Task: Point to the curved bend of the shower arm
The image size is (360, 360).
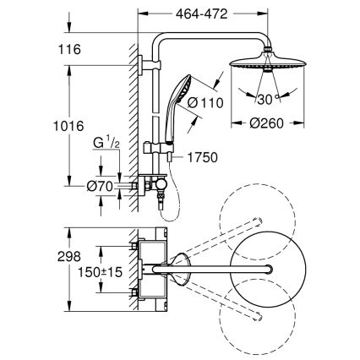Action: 161,37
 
